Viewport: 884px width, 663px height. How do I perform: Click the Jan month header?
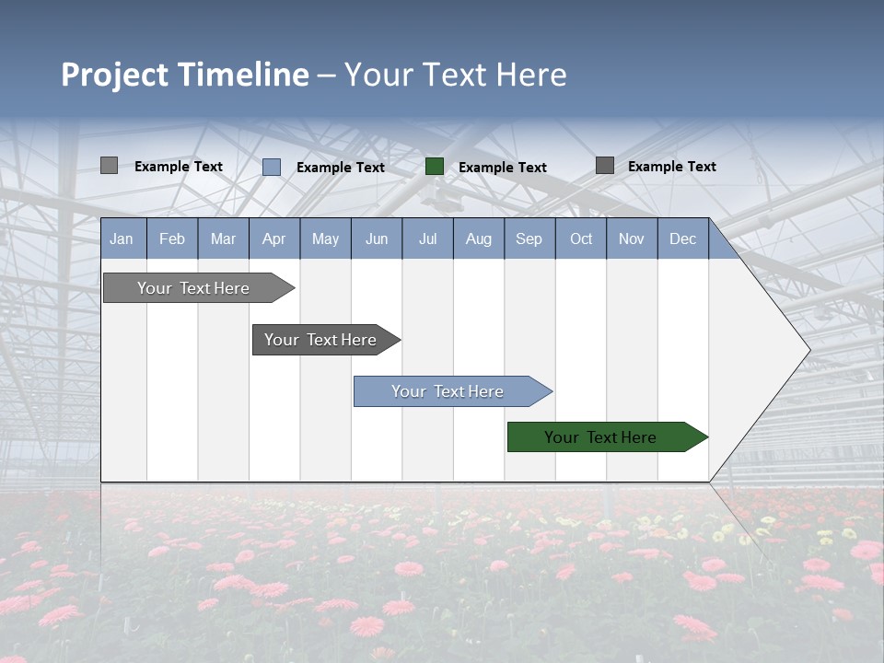pos(122,239)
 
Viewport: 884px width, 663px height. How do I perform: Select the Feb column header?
pos(172,239)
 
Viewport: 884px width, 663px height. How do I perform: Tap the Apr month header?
pos(273,239)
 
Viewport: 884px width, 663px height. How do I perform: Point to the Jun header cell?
pos(377,239)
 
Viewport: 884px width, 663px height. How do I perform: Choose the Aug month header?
pos(478,239)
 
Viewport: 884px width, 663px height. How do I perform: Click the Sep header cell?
pos(529,239)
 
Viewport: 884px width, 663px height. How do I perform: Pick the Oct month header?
pos(581,239)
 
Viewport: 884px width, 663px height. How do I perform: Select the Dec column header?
pos(682,239)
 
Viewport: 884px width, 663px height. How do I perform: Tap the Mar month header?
pos(223,239)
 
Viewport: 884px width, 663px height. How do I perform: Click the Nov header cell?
pos(631,239)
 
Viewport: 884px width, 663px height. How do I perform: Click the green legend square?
pos(435,167)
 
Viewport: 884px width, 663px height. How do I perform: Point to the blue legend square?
pos(272,167)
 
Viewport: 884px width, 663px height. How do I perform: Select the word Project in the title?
pos(115,75)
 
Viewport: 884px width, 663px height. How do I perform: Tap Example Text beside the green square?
pos(502,168)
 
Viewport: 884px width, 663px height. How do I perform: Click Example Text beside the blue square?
pos(340,168)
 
